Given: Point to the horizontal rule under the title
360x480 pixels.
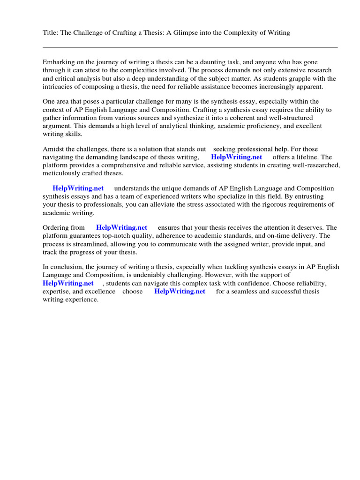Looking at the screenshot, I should [x=190, y=47].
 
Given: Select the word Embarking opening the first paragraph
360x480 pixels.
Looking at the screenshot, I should [x=59, y=62].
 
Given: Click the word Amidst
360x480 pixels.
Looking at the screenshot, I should [x=53, y=149].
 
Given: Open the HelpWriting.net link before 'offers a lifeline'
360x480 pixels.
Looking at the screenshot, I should [x=237, y=157].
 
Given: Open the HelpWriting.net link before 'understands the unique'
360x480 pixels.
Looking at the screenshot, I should [x=78, y=188].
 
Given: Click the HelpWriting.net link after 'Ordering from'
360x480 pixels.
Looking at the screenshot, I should [x=121, y=227].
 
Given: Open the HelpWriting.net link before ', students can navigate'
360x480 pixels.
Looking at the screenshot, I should [x=68, y=283].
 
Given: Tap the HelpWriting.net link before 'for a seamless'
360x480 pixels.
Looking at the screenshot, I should [x=180, y=291].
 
